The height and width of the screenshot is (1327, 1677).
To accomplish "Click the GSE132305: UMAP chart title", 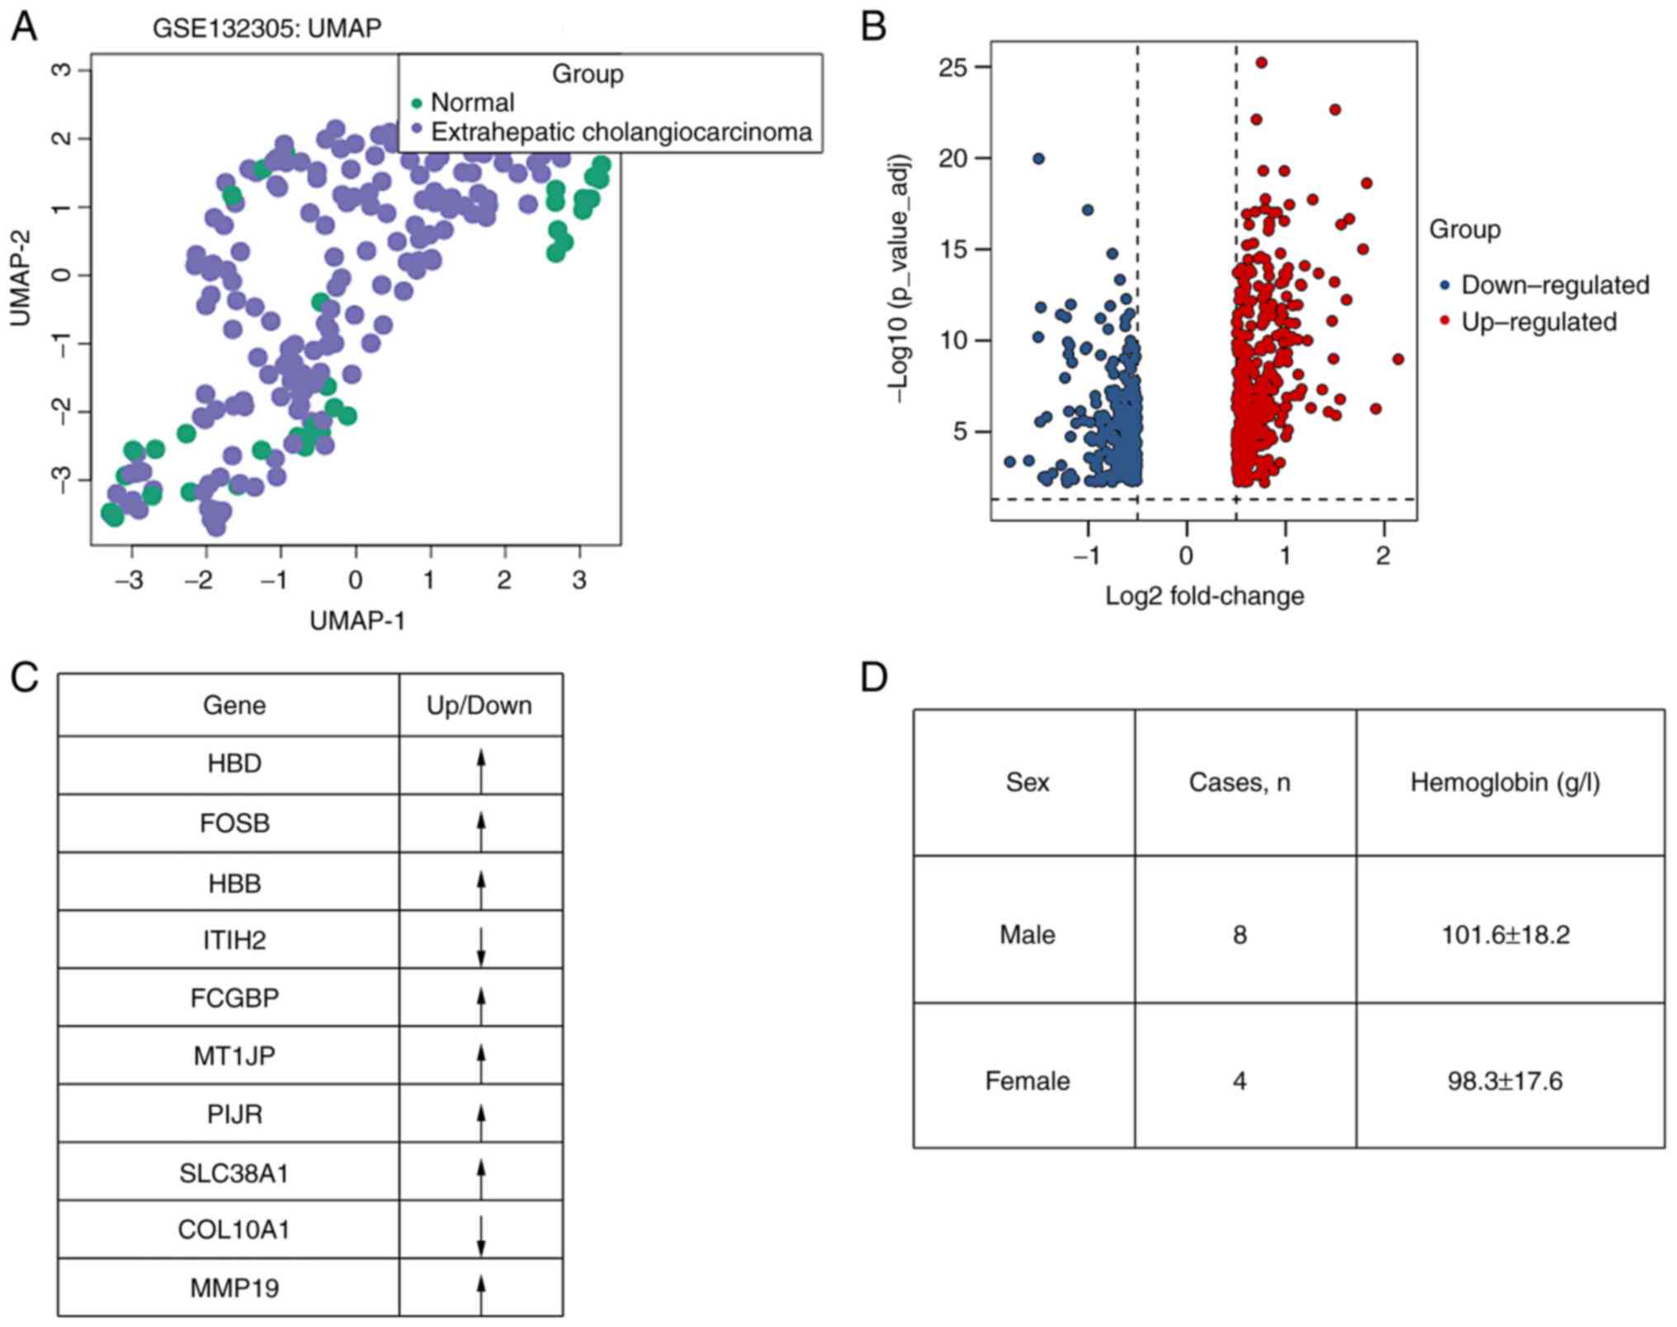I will coord(267,28).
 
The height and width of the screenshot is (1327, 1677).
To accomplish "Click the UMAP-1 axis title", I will coord(357,621).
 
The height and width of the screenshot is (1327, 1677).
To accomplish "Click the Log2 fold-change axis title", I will coord(1204,595).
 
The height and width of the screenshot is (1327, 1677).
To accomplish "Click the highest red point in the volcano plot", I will coord(1261,63).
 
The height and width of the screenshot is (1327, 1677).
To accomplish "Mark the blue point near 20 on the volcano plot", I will coord(1039,158).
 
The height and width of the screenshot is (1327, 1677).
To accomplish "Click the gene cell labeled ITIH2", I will coord(234,940).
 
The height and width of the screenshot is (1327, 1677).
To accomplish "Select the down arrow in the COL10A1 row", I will coord(481,1230).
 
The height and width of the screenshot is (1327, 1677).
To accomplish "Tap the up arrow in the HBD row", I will coord(481,765).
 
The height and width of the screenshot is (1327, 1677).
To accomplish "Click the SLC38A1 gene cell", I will coord(234,1172).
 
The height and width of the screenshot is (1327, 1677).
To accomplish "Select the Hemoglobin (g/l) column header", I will coord(1505,782).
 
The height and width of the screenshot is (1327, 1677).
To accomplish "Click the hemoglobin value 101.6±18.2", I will coord(1505,934).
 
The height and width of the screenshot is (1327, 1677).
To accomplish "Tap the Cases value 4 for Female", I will coord(1239,1080).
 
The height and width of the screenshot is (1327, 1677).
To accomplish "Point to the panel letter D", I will coord(873,677).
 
